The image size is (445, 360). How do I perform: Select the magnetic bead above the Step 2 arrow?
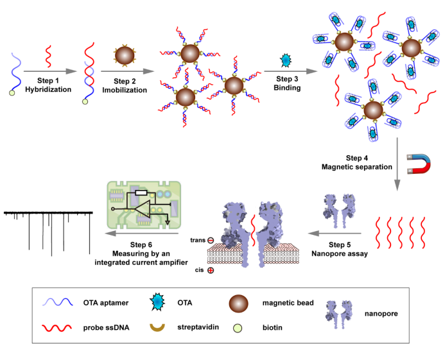[124, 54]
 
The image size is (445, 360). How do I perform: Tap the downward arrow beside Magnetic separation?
[397, 163]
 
